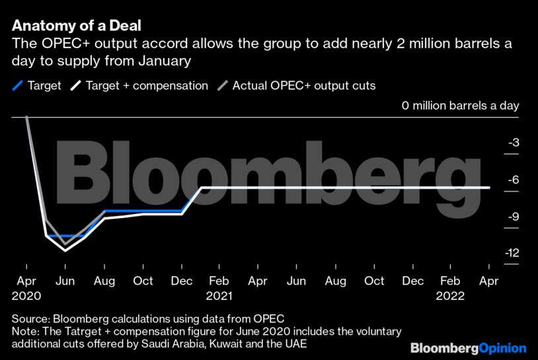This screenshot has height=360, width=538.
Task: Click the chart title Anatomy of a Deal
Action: click(x=77, y=26)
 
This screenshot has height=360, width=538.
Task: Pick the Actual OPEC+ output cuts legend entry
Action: click(x=297, y=85)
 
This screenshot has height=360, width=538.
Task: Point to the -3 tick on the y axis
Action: click(x=513, y=143)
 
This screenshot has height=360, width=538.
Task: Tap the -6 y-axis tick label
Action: click(x=513, y=180)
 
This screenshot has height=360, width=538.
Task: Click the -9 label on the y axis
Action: click(x=513, y=217)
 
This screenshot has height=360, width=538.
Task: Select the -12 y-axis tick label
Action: click(x=510, y=253)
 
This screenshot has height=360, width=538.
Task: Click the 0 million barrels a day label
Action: click(x=460, y=106)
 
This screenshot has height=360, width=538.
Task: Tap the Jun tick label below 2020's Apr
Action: click(x=65, y=281)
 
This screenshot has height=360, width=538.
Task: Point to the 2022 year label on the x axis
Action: click(x=450, y=296)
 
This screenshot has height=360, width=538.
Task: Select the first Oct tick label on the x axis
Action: click(x=143, y=281)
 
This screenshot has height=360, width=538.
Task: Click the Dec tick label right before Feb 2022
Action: click(x=413, y=281)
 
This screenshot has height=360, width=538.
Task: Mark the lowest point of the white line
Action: click(x=65, y=250)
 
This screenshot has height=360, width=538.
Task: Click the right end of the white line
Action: click(x=489, y=188)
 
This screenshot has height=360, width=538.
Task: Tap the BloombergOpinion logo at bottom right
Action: click(x=468, y=347)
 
